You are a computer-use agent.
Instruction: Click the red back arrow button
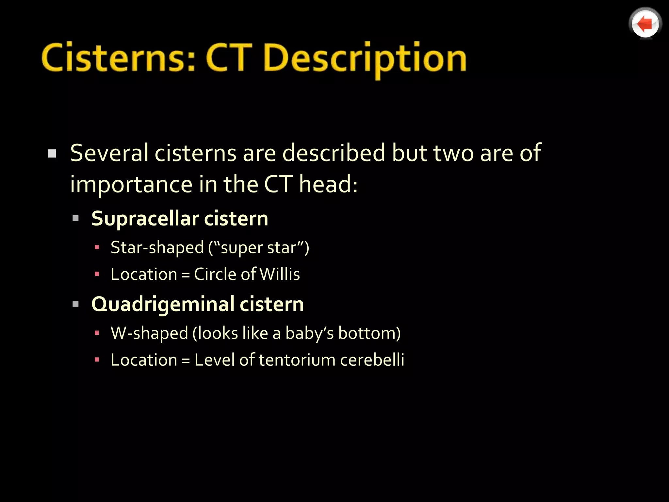tap(645, 24)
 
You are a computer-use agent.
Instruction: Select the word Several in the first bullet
tap(109, 153)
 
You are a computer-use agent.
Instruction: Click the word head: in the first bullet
tap(329, 184)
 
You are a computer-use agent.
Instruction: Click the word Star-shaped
tap(157, 248)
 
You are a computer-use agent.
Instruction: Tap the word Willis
tap(279, 274)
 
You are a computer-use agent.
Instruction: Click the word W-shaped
tap(149, 333)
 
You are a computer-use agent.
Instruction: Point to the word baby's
tap(309, 333)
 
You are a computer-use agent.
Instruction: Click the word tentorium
tap(297, 360)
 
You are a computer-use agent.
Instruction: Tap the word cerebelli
tap(372, 360)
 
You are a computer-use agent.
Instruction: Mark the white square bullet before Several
tap(52, 154)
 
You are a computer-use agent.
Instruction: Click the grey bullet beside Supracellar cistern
tap(76, 218)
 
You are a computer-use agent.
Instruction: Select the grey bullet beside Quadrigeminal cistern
tap(76, 304)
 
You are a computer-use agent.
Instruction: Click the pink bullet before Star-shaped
tap(97, 247)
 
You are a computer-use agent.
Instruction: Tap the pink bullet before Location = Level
tap(97, 360)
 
